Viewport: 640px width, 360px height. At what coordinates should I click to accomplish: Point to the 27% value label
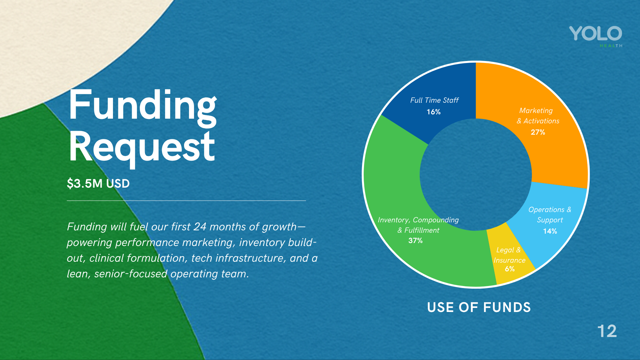(538, 132)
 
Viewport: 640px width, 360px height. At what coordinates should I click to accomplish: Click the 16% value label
(433, 112)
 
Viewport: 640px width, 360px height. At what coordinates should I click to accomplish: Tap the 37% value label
(415, 241)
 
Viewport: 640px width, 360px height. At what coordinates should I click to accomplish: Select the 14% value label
(550, 231)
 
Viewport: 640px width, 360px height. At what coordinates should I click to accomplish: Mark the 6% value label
(509, 269)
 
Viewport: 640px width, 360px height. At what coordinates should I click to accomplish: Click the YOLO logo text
(595, 34)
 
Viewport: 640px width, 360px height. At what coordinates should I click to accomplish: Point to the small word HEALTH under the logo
(611, 46)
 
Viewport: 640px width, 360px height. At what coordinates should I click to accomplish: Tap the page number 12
(607, 331)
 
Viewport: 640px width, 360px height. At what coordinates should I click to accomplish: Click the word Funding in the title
(143, 106)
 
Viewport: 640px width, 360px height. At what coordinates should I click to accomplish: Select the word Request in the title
(142, 147)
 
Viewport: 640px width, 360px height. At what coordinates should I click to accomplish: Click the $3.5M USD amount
(98, 184)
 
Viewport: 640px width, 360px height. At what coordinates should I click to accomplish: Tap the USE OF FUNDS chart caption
(479, 307)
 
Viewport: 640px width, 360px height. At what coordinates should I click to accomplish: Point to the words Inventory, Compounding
(418, 220)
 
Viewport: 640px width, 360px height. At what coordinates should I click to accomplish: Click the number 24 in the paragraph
(200, 227)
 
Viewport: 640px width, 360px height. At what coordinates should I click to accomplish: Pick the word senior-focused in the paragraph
(131, 274)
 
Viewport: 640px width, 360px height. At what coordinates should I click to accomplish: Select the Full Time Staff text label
(434, 100)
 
